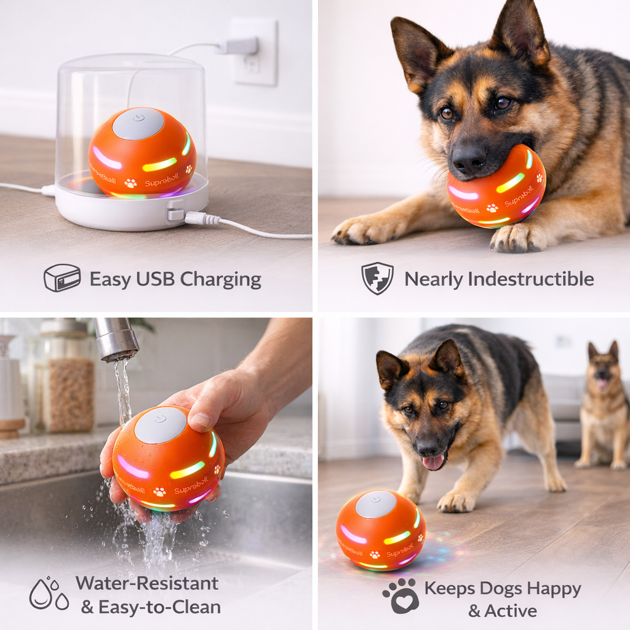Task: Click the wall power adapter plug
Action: pos(239,46)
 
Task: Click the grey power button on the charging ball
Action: pos(138,122)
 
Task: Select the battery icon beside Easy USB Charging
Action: pos(62,278)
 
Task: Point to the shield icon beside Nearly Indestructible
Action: pos(377,278)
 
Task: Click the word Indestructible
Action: pos(530,279)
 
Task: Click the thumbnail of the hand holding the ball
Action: pos(200,420)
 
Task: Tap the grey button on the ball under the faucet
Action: pos(160,425)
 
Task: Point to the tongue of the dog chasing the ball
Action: pos(433,462)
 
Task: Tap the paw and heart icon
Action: pos(401,596)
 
